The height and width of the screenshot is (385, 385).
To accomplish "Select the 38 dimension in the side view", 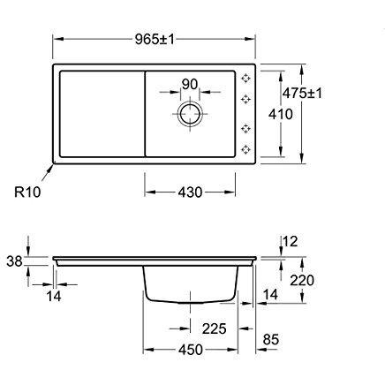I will (14, 260).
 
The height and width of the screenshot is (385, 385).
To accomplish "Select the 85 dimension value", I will (272, 337).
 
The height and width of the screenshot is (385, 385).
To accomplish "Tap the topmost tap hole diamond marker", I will (246, 77).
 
